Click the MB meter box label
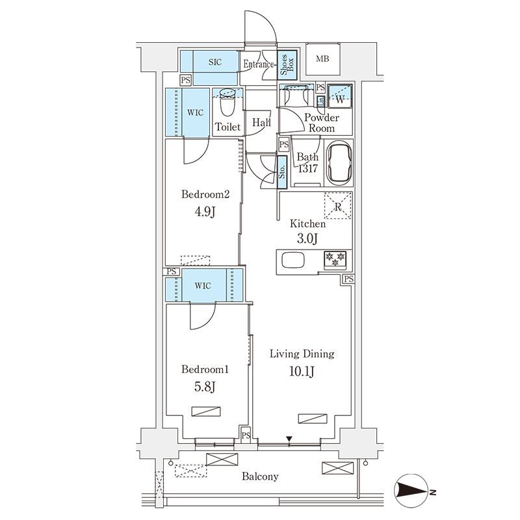(x=322, y=59)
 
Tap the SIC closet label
(x=215, y=62)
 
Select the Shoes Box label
(x=287, y=64)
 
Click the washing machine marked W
(x=339, y=96)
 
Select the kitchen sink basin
(x=293, y=260)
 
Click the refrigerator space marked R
(x=338, y=206)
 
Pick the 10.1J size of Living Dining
(x=302, y=371)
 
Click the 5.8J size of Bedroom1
(x=205, y=386)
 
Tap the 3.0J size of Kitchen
(x=307, y=239)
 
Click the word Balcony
(x=260, y=477)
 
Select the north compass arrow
(x=412, y=492)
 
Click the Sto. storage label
(x=282, y=172)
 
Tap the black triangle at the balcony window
(x=289, y=439)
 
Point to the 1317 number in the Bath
(x=307, y=169)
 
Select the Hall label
(x=262, y=123)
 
